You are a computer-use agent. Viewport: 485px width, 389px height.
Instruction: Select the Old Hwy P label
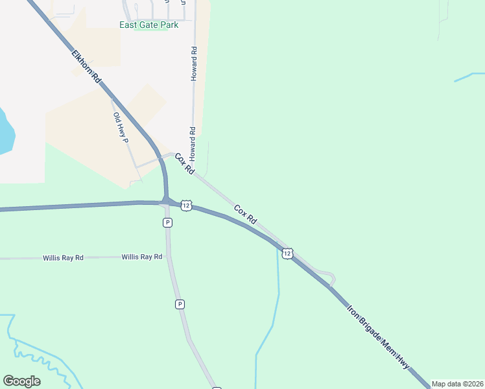121,128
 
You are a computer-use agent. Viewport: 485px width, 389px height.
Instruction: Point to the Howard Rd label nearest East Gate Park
193,63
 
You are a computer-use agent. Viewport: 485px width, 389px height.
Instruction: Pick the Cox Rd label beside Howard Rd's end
184,163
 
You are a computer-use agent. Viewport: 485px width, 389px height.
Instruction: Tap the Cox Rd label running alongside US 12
245,215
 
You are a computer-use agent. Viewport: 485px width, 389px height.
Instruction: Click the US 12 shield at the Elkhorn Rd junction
186,206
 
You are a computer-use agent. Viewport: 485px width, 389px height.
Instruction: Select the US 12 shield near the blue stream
287,252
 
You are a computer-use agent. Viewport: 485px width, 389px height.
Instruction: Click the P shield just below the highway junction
167,222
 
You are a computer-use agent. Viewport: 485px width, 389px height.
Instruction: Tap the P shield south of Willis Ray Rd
180,303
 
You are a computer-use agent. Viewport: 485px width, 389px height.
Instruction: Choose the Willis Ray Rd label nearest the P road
141,257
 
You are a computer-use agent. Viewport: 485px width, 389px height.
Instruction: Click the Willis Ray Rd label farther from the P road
64,258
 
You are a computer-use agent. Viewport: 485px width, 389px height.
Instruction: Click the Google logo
21,381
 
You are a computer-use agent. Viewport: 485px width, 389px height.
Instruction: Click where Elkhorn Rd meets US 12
167,201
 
